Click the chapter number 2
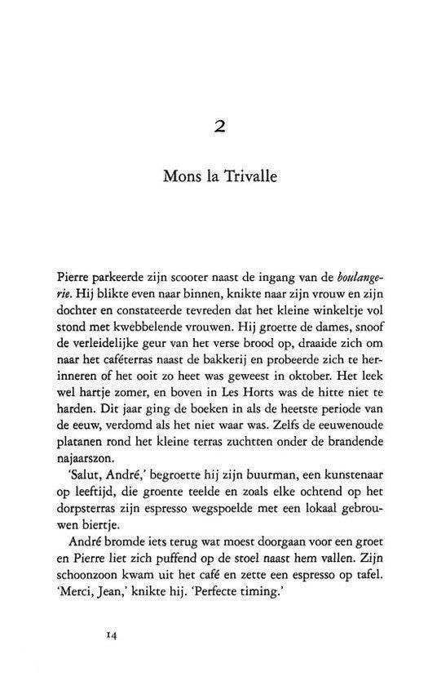(218, 127)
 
